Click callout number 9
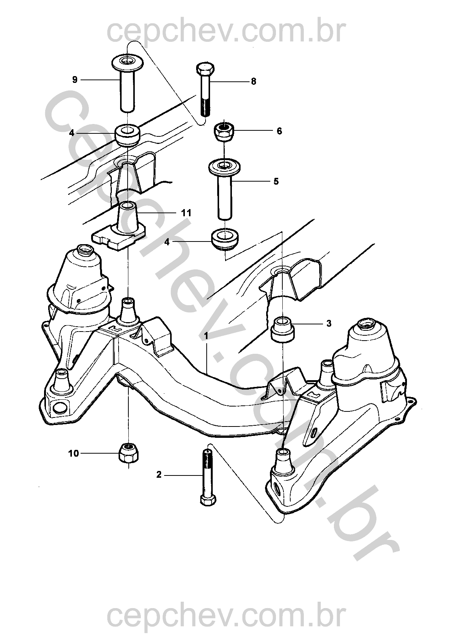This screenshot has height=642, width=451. tap(75, 80)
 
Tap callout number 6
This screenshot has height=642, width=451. tap(279, 131)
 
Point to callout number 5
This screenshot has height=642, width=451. tap(276, 182)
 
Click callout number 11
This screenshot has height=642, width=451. tap(186, 213)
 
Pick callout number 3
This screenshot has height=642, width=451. tap(329, 323)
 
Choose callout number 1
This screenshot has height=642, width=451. tap(206, 335)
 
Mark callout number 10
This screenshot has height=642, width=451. tap(74, 453)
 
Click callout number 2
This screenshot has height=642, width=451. tap(159, 475)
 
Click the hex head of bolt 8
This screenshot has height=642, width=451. tap(206, 69)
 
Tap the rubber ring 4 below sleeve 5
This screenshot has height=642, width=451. tap(225, 238)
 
